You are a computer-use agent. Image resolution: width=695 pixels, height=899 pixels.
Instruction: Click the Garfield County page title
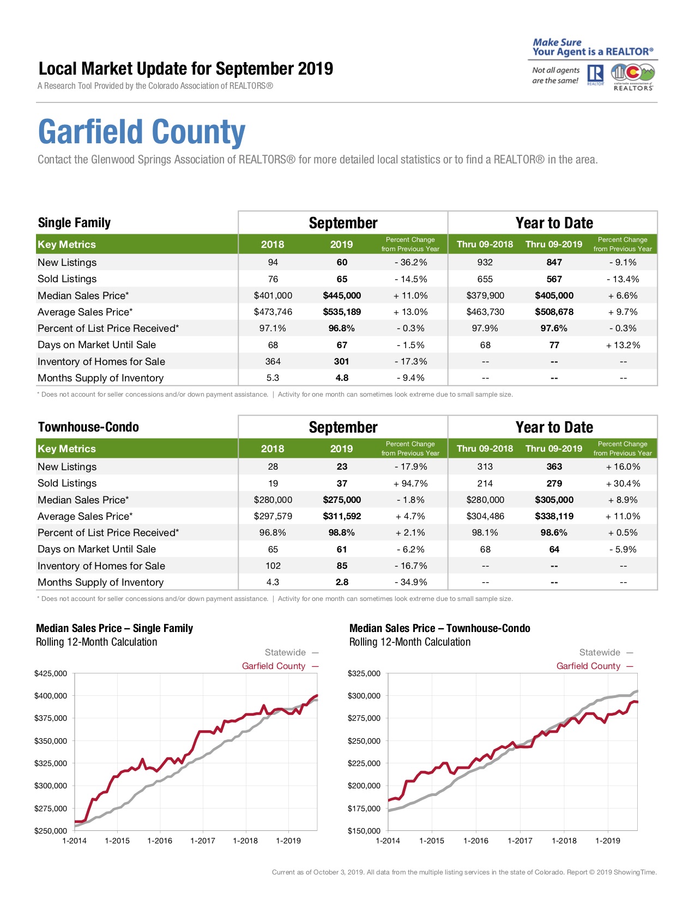coord(142,132)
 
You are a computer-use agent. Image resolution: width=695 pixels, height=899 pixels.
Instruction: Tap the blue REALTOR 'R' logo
coord(595,74)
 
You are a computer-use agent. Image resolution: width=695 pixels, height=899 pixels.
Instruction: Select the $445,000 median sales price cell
coord(342,295)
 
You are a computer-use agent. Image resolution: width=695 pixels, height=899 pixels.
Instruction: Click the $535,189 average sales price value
coord(342,312)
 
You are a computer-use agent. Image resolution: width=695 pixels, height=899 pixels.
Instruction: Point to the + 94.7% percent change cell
coord(410,483)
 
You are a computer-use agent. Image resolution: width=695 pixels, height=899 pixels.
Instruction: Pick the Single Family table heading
coord(75,223)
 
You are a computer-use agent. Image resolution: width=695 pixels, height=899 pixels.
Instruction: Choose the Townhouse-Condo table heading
coord(89,427)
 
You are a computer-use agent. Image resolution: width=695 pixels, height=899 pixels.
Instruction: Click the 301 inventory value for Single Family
coord(341,362)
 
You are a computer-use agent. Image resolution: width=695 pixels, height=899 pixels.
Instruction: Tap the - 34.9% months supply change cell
coord(410,582)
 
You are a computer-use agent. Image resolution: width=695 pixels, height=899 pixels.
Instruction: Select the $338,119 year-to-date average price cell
coord(554,517)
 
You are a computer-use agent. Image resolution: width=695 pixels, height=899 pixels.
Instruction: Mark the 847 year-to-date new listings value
coord(554,262)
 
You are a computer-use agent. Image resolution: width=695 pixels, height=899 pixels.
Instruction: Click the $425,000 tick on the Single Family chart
coord(51,673)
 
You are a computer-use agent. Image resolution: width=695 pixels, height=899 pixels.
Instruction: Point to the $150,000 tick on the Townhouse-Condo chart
coord(364,831)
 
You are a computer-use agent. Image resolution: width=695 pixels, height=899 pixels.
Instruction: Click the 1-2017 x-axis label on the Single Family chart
coord(203,841)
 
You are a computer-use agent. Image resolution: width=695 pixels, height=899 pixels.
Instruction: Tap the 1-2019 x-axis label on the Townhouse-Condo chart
coord(608,841)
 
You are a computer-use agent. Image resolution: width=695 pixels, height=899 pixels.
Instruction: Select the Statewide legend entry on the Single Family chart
coord(292,652)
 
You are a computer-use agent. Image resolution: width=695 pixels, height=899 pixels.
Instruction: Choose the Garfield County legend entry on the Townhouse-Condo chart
coord(594,666)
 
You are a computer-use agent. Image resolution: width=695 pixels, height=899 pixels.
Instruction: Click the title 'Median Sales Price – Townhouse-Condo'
coord(439,628)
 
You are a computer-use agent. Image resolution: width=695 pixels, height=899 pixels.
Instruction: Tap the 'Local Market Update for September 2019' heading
coord(186,69)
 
